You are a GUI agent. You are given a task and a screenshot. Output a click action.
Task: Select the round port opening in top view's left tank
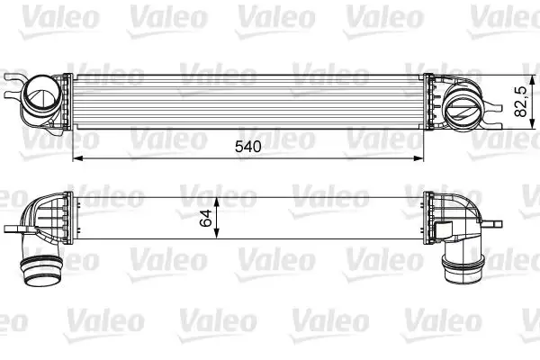[x=42, y=94]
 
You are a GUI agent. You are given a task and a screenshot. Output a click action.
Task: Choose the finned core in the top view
[x=247, y=101]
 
